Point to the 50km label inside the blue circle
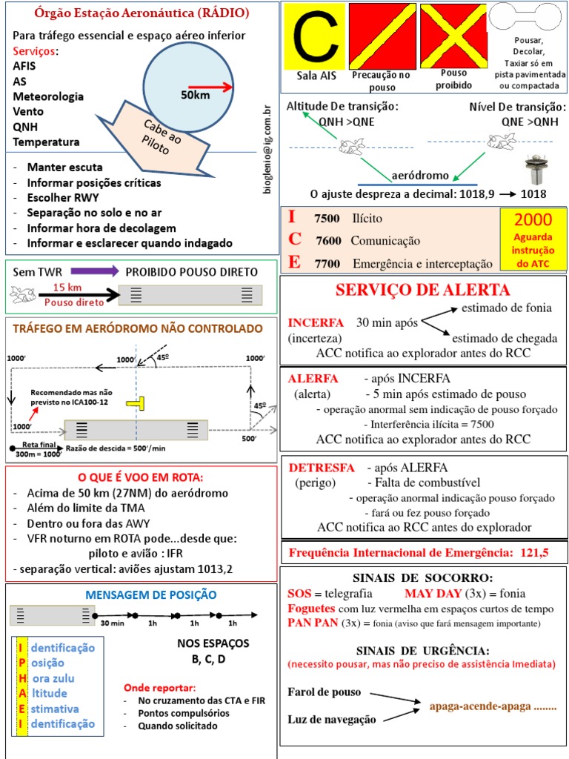[x=194, y=95]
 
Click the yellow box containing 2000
[x=533, y=239]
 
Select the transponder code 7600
[x=327, y=241]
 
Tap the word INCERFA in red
[x=316, y=323]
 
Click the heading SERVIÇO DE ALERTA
[x=423, y=290]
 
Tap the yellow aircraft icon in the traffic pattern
[x=136, y=402]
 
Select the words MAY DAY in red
[x=432, y=594]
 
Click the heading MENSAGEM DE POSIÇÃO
[x=151, y=594]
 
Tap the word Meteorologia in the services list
[x=48, y=96]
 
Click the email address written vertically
[x=268, y=149]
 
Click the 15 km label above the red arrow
[x=67, y=288]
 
